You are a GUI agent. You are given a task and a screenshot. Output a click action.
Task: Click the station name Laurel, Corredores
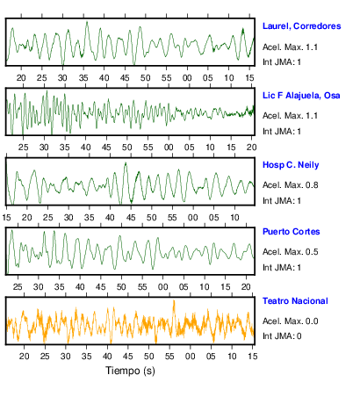tap(301, 26)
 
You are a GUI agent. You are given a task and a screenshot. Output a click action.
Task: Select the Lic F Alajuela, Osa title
tap(301, 96)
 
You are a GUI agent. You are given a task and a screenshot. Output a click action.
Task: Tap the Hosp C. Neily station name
tap(291, 165)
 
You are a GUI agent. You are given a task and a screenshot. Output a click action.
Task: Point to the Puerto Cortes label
tap(292, 232)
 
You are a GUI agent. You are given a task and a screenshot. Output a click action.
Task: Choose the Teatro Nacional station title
tap(295, 301)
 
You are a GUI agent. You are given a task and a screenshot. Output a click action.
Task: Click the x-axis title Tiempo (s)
tap(130, 371)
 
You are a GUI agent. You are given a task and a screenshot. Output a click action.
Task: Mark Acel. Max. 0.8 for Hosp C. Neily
tap(291, 185)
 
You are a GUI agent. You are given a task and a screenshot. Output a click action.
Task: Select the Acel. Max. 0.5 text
tap(291, 252)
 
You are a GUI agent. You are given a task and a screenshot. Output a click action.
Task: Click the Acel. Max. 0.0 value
tap(291, 321)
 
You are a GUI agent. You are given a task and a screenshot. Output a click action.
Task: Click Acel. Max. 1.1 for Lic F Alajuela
tap(290, 116)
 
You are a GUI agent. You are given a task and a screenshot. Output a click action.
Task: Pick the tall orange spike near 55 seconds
tap(174, 301)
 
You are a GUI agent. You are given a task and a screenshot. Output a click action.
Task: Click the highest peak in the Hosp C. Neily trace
tap(126, 162)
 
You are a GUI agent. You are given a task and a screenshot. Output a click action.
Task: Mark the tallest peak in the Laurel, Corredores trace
tap(87, 22)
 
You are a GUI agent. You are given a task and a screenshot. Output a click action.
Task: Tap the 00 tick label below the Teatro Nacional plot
tap(190, 357)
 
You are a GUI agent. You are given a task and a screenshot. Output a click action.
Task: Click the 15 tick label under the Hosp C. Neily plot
tap(6, 218)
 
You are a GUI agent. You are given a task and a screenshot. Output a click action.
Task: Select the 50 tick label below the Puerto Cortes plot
tap(121, 287)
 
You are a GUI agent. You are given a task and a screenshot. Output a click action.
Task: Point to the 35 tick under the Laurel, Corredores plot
tap(83, 78)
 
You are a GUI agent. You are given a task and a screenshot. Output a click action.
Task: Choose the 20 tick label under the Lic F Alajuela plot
tap(251, 148)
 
